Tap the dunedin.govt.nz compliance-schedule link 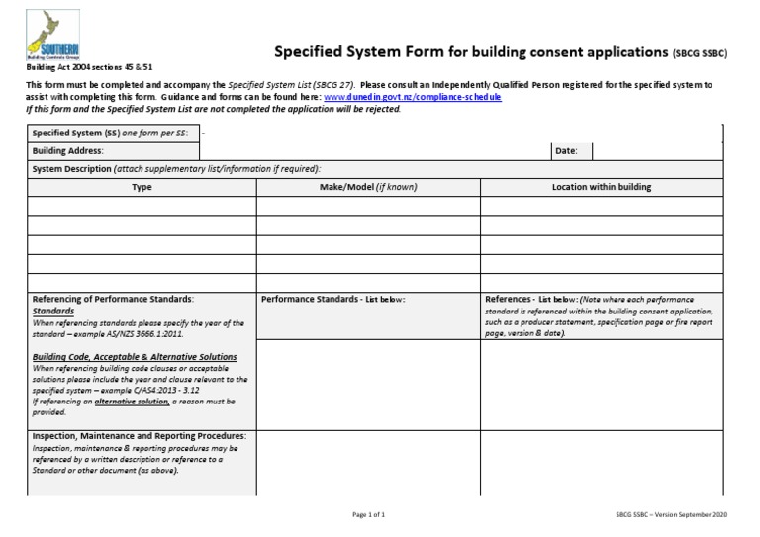(x=412, y=97)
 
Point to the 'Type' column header (x=142, y=187)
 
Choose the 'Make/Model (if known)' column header (x=368, y=187)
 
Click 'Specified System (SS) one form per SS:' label (x=110, y=133)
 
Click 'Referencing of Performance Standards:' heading (x=113, y=299)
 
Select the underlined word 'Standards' (x=53, y=311)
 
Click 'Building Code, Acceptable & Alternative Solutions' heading (x=135, y=356)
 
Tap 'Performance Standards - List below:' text (x=333, y=299)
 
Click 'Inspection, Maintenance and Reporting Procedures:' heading (x=140, y=436)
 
